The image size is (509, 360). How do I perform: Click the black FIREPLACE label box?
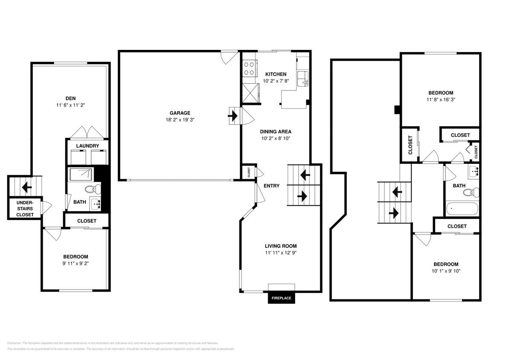pos(281,298)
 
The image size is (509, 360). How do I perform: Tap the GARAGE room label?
pos(180,113)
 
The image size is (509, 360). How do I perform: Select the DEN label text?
pos(71,98)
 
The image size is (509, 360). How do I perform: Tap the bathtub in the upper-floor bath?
pos(462,209)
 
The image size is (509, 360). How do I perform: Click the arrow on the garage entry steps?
pos(233,116)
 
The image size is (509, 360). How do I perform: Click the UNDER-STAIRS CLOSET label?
pos(25,209)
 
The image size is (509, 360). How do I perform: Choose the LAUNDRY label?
pos(87,146)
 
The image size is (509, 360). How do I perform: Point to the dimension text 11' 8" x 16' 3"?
pos(441,100)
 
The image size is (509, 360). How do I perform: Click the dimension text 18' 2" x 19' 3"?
pos(180,120)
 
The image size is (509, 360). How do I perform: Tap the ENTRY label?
pos(271,186)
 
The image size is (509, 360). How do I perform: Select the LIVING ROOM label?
pos(280,246)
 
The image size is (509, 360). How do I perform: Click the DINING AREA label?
pos(276,131)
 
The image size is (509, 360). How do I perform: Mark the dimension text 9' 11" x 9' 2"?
pos(76,264)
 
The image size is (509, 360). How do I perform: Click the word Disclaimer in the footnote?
pos(14,343)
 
